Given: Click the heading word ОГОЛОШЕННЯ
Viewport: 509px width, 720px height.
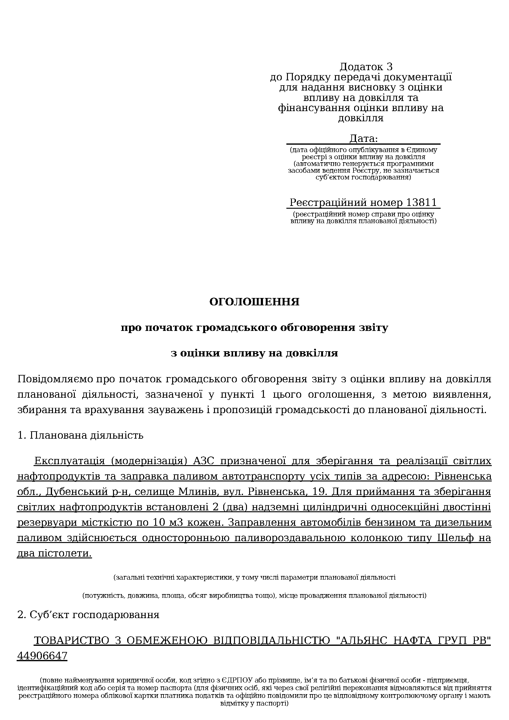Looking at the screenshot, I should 254,302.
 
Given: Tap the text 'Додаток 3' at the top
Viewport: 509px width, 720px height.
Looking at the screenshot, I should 366,67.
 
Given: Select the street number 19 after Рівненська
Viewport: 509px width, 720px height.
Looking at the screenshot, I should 320,491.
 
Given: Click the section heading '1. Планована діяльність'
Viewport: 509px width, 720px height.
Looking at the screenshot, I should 81,435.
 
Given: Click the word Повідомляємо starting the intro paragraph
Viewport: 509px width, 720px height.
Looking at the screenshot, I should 55,379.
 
